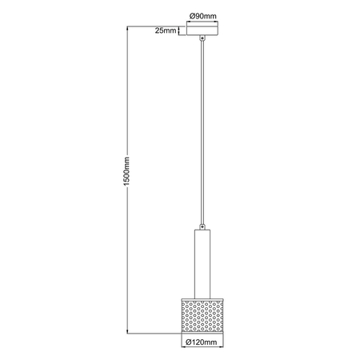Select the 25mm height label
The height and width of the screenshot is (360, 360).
click(166, 30)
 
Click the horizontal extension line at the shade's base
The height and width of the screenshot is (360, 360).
click(152, 332)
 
